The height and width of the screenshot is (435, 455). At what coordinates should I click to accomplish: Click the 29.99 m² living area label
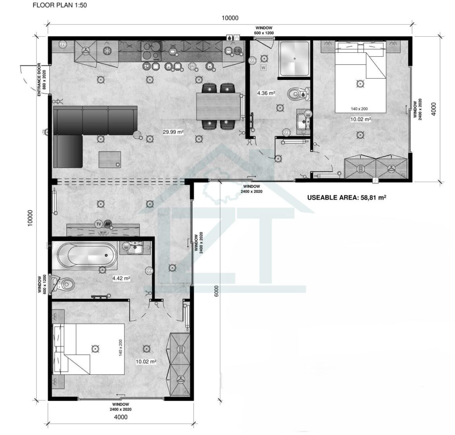(x=173, y=132)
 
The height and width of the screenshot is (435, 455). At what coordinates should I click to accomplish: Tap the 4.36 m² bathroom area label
(x=266, y=93)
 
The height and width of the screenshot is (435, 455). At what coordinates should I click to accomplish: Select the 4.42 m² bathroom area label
(x=121, y=278)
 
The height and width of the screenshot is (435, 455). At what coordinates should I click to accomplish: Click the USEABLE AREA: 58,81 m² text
(x=347, y=198)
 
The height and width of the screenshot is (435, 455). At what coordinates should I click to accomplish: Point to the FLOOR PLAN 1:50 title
(x=60, y=5)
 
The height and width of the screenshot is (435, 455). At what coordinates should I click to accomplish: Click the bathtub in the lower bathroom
(x=87, y=255)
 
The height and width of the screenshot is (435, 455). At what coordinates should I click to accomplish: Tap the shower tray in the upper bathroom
(x=294, y=59)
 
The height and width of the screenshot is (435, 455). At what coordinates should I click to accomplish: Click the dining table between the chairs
(x=219, y=106)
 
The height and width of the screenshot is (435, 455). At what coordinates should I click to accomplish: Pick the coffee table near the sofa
(x=110, y=159)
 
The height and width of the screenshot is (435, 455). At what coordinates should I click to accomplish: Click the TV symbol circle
(x=99, y=224)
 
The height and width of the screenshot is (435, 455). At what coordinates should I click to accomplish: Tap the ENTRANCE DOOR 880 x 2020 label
(x=42, y=79)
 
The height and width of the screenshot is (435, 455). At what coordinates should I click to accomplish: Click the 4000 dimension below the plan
(x=121, y=417)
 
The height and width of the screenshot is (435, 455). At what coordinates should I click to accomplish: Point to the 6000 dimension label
(x=216, y=291)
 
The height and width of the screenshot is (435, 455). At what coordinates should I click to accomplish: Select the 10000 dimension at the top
(x=230, y=18)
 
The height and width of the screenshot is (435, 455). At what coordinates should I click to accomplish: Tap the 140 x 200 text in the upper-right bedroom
(x=359, y=109)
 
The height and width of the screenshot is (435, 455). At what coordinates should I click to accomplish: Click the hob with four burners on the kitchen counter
(x=151, y=51)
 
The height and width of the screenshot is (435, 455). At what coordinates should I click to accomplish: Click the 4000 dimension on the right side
(x=434, y=109)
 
